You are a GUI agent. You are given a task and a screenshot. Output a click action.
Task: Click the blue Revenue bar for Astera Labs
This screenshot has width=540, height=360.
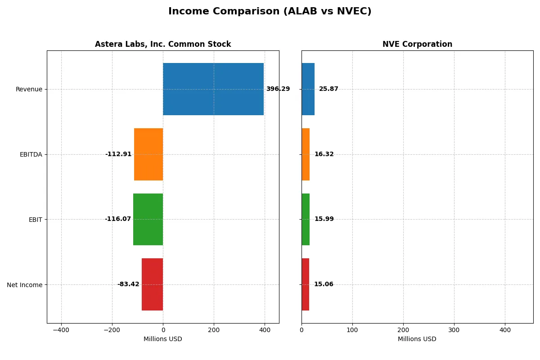pos(213,89)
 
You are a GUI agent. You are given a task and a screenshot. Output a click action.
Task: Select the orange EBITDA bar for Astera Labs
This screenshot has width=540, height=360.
pos(148,154)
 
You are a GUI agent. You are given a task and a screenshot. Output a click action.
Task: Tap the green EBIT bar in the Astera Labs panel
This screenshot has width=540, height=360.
pos(148,219)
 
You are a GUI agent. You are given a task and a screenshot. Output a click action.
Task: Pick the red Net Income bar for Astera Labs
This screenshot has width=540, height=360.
pos(153,284)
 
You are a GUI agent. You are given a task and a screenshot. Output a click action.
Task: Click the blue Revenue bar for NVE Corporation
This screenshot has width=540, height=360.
pos(308,89)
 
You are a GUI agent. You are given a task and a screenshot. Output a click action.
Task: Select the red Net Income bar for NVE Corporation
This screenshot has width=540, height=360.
pos(306,284)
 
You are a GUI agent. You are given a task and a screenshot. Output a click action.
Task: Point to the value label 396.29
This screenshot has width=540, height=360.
pos(278,89)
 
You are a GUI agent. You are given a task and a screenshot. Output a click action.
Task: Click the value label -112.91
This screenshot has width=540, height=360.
pos(118,154)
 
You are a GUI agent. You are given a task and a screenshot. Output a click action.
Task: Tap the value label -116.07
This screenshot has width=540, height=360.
pos(118,219)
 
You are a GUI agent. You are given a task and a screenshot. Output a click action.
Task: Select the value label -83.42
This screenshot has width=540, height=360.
pos(128,284)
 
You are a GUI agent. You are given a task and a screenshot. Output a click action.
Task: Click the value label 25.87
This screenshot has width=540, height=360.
pos(328,89)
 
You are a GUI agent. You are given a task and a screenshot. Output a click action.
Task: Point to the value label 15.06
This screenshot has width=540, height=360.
pos(324,284)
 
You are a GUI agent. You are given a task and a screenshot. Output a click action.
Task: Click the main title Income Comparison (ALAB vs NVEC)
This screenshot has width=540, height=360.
pos(270,12)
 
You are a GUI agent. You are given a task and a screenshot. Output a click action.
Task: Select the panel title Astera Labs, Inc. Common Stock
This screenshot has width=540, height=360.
pos(163,45)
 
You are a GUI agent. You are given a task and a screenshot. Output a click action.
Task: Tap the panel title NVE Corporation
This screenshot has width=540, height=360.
pos(417,45)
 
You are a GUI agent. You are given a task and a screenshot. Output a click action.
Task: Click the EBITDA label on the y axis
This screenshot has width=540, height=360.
pos(31,154)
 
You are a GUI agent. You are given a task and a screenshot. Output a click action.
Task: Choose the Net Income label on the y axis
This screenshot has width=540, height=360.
pos(25,284)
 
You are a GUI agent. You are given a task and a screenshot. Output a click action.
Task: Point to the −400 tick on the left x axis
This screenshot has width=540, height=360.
pos(61,330)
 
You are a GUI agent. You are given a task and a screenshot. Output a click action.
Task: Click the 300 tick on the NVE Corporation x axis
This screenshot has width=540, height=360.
pos(454,330)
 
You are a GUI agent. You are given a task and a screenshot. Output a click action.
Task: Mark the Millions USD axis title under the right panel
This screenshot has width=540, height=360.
pos(417,339)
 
